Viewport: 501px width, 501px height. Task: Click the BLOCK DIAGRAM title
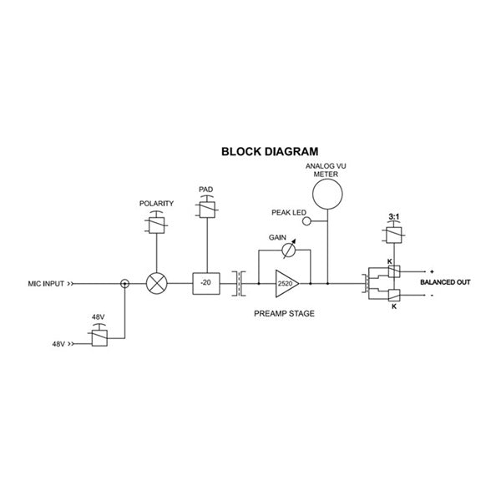(x=269, y=152)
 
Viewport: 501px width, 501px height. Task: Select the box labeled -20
(x=205, y=283)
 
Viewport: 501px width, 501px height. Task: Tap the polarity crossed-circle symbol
(x=155, y=283)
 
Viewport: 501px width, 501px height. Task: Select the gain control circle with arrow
(x=287, y=250)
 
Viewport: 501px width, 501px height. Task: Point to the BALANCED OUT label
(x=445, y=283)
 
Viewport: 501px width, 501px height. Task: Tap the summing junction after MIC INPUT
(x=125, y=283)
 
